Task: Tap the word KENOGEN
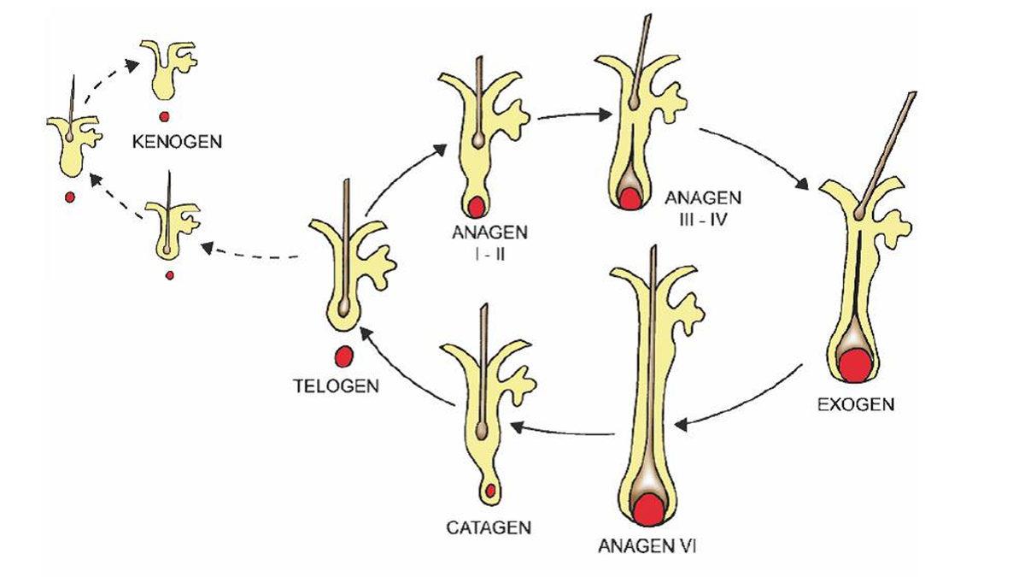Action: (x=177, y=141)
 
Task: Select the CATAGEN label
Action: (x=489, y=527)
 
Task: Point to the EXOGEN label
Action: (x=856, y=404)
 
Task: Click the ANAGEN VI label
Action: (x=648, y=545)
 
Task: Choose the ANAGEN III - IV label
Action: (x=702, y=207)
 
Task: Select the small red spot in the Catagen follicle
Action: (x=490, y=491)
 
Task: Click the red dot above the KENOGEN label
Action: (x=164, y=116)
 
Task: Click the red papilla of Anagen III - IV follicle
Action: (x=630, y=199)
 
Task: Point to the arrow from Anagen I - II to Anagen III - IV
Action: (x=568, y=115)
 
